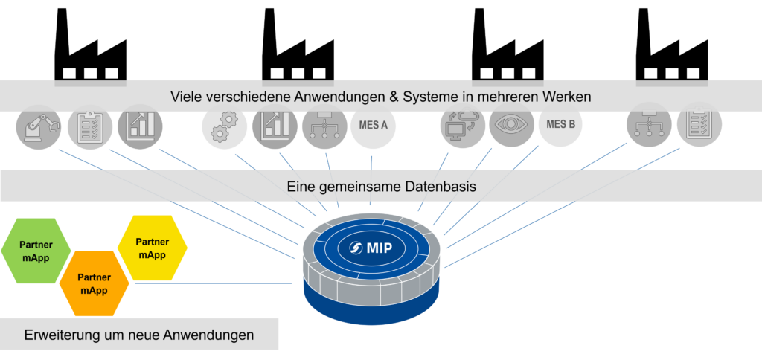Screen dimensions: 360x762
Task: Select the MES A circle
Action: (x=373, y=126)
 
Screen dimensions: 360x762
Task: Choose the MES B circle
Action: (x=560, y=124)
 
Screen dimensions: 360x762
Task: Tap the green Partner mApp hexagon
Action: (x=36, y=250)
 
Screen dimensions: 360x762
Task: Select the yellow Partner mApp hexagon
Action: (x=153, y=248)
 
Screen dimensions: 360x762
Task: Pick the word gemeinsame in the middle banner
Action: (x=360, y=186)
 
